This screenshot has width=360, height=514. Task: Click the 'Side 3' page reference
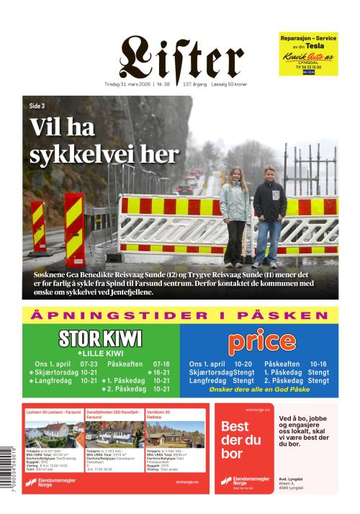pos(37,106)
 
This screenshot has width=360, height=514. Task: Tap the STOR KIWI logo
pos(100,338)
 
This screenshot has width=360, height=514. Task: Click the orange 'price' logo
pos(260,341)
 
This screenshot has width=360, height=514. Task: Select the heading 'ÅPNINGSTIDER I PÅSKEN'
pos(179,315)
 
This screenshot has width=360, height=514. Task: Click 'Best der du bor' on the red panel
pos(241,440)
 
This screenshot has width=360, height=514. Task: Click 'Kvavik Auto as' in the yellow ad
pos(307,57)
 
